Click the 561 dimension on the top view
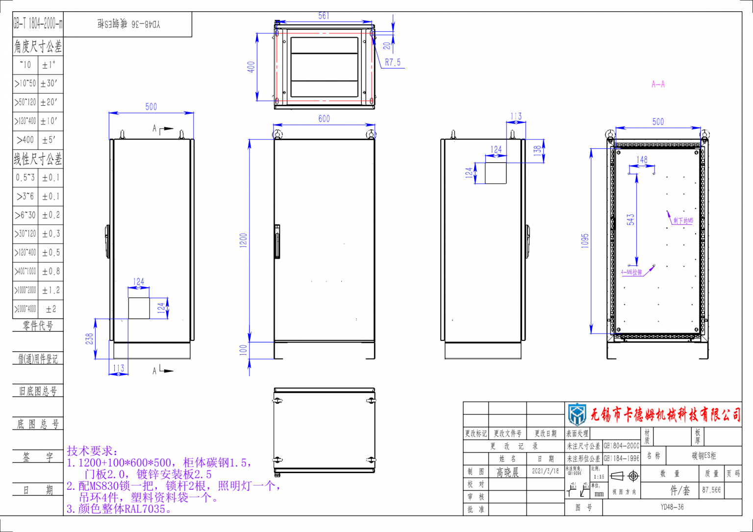pos(324,16)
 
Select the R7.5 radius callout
pos(393,62)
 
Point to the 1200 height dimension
pos(244,240)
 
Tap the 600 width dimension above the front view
pos(324,119)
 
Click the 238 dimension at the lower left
pos(90,339)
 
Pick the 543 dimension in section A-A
pos(630,219)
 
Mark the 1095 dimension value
pos(585,241)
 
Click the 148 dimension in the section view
pos(642,160)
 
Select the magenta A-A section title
pos(658,84)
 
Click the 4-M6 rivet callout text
pos(631,272)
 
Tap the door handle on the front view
pos(277,241)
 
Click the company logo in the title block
pos(577,414)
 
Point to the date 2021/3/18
pos(545,471)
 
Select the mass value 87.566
pos(711,490)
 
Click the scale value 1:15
pos(599,477)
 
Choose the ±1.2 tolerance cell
pos(50,290)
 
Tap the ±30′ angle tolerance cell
pos(49,84)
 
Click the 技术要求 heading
pos(92,451)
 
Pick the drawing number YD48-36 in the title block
pos(672,508)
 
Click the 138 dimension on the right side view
pos(538,150)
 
